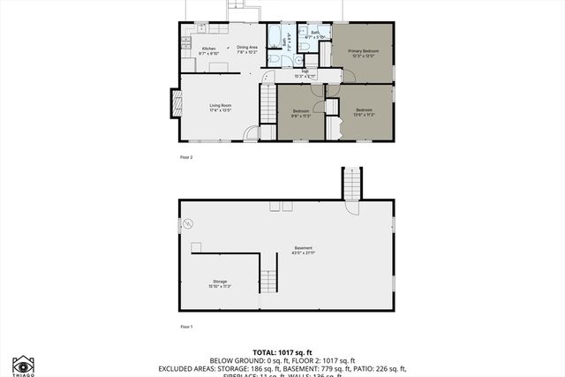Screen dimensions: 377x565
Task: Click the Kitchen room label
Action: [x=209, y=50]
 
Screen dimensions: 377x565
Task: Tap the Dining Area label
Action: [x=246, y=49]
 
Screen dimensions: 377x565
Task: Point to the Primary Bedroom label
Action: [x=362, y=53]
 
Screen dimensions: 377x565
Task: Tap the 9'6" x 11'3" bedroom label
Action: [x=301, y=112]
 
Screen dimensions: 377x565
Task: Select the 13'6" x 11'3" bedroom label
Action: [x=365, y=112]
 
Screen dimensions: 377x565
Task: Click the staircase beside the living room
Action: [x=268, y=104]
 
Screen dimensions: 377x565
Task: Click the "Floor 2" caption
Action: [x=185, y=157]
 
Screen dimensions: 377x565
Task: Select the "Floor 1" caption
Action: [x=185, y=327]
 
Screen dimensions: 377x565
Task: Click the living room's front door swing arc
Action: [x=252, y=133]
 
